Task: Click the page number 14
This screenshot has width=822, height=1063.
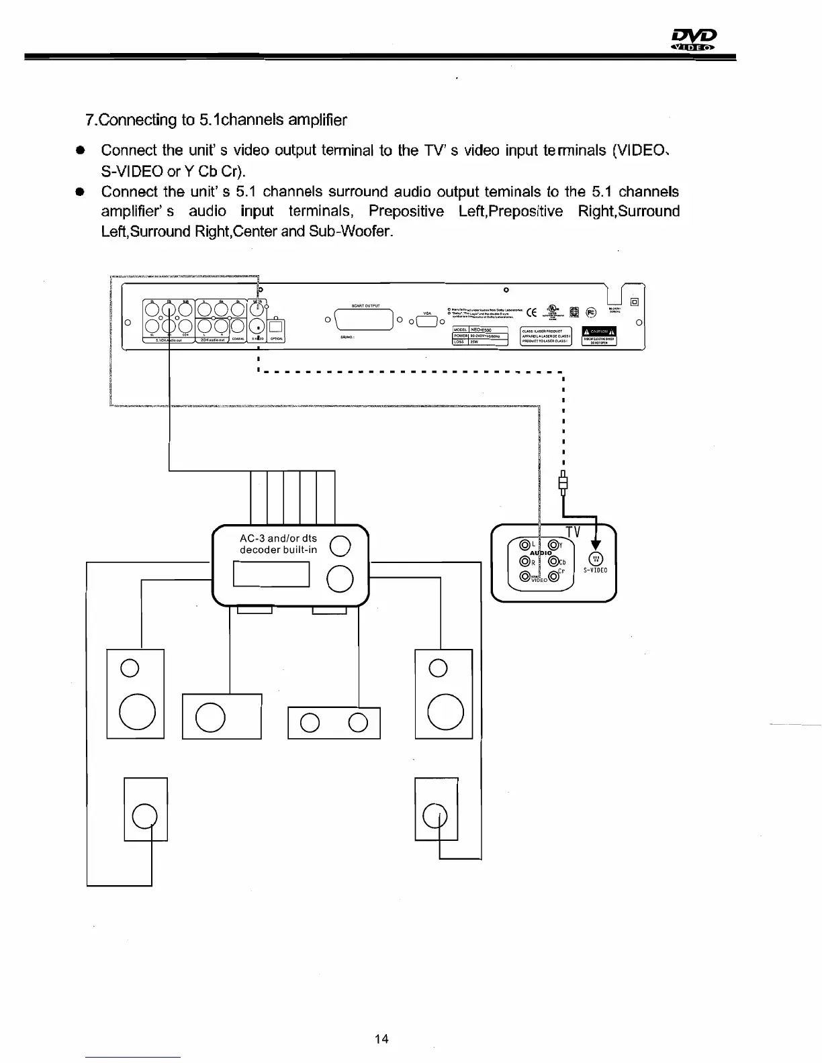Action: (381, 1039)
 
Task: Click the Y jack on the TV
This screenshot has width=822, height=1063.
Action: (554, 545)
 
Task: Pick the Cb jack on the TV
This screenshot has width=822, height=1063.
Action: (554, 562)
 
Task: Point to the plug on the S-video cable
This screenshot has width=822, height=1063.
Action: (563, 483)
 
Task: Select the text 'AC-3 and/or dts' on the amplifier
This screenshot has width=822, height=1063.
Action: (278, 538)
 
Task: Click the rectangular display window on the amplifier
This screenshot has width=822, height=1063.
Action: (271, 574)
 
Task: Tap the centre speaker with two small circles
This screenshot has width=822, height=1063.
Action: (334, 722)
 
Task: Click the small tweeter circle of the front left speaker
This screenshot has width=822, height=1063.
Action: (129, 668)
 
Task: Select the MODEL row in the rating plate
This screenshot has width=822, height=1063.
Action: (480, 330)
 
